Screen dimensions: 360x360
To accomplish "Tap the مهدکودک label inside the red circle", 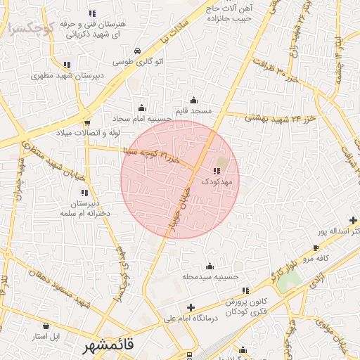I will click(217, 182).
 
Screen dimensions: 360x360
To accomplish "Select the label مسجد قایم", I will click(194, 112).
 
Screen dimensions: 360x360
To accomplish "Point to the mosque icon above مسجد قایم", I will click(193, 101).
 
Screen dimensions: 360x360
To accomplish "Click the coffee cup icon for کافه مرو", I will click(316, 247).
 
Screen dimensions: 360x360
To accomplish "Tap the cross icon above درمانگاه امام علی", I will click(191, 307).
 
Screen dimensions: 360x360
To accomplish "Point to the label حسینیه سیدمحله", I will click(209, 277).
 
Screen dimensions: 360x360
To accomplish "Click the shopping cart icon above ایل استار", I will click(46, 326).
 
